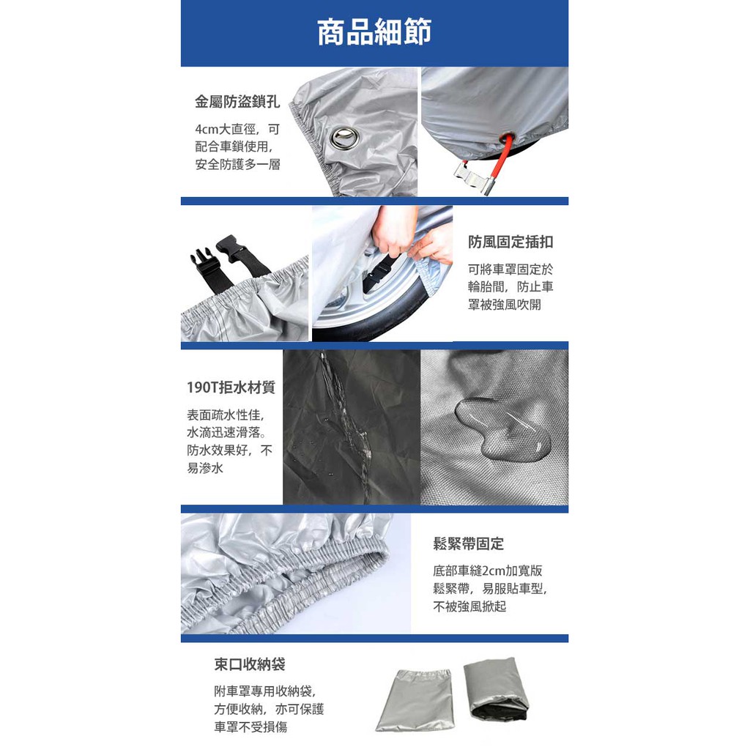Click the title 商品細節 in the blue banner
374,32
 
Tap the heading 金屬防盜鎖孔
237,101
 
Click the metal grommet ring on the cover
342,138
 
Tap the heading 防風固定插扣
510,242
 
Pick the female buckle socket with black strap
242,255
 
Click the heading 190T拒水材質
231,387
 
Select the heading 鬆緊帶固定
468,543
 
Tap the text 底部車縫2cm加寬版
487,571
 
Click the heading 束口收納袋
250,664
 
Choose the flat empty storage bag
415,699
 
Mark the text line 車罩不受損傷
250,727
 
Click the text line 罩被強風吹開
504,305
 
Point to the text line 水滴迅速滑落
227,432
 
